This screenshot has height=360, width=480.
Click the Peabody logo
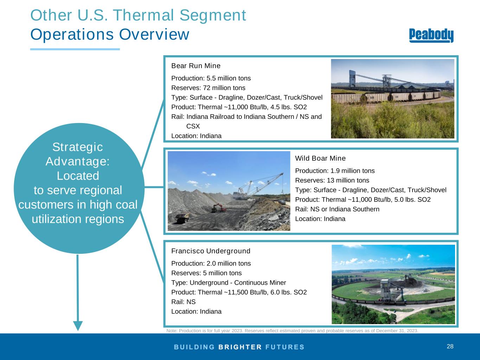[x=431, y=36]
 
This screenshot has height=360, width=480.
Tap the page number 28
[x=450, y=346]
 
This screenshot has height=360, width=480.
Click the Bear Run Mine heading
[x=196, y=66]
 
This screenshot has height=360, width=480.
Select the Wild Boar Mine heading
[x=320, y=158]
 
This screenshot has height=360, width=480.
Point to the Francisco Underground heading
[x=211, y=251]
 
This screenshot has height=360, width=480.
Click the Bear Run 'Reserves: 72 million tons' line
[x=208, y=88]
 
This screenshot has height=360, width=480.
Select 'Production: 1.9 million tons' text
[x=335, y=171]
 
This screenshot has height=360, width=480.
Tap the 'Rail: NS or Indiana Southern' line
[x=337, y=209]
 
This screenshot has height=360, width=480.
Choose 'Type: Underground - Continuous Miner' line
[x=229, y=283]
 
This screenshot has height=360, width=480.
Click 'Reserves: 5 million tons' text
[x=206, y=273]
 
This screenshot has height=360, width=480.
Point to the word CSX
[x=193, y=126]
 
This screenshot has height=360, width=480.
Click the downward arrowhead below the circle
[x=78, y=326]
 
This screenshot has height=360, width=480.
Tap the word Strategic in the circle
[x=78, y=147]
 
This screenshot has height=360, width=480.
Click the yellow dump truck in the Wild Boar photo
[x=183, y=218]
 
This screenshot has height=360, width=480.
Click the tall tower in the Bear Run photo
[x=352, y=79]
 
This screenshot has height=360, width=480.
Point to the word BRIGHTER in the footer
[x=240, y=347]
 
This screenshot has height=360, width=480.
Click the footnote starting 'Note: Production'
[x=292, y=331]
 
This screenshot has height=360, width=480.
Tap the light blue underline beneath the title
[x=75, y=50]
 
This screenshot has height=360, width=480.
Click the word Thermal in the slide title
[x=144, y=15]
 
